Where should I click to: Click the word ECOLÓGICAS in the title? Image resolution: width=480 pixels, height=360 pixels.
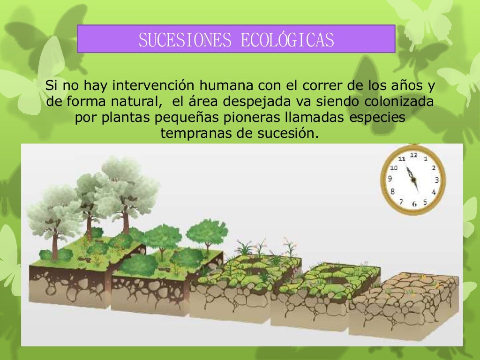pos(287,40)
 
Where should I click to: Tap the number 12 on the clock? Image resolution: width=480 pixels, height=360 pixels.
pos(413,155)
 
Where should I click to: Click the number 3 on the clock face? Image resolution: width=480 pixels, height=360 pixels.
pos(436,180)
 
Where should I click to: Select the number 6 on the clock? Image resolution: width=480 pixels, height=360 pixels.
pos(414,204)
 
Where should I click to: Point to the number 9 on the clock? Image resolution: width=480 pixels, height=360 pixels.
pos(390,179)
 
